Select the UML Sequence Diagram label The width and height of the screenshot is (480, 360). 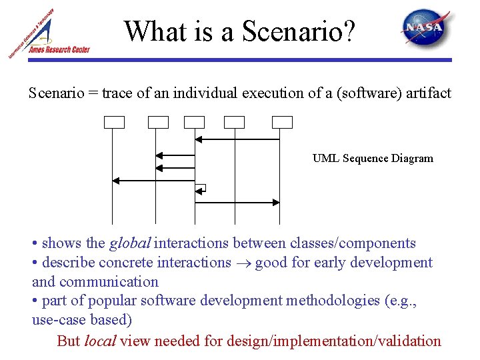373,159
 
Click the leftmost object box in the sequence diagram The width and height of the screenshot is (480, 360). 114,122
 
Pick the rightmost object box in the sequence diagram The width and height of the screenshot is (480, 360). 282,122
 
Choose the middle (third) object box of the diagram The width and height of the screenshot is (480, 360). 195,122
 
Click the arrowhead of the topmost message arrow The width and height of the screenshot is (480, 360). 198,139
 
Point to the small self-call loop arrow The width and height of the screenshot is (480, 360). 200,189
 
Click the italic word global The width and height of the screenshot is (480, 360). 129,243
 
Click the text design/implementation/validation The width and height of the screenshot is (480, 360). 334,341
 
